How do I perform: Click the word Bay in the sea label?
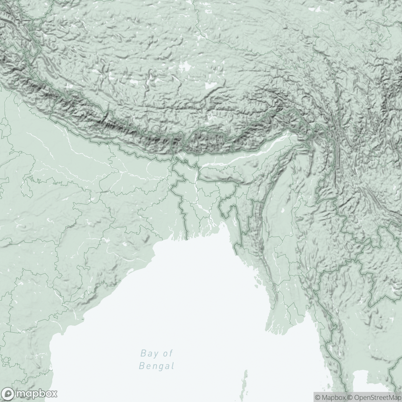[147, 353]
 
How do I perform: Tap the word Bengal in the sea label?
[156, 365]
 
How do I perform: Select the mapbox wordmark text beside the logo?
[35, 393]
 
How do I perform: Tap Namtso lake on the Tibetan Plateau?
[210, 86]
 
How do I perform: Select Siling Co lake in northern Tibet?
[185, 66]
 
